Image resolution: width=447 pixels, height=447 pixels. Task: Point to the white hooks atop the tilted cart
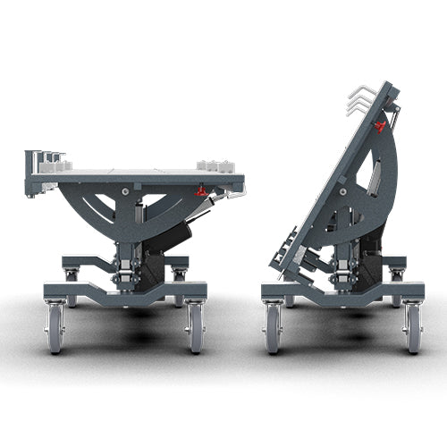[358, 97]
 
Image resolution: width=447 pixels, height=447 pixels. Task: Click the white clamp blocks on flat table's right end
[215, 165]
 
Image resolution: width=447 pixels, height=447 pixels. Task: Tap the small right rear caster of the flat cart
[180, 274]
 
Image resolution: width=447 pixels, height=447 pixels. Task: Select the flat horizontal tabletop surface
[134, 170]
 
